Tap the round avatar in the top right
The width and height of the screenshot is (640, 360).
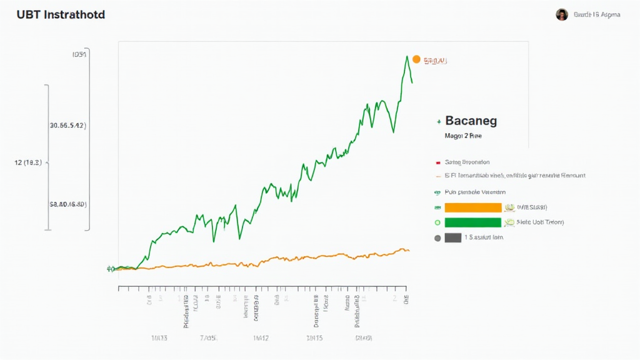(562, 14)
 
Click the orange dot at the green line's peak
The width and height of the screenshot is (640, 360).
(416, 60)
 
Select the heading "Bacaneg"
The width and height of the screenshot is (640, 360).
(471, 121)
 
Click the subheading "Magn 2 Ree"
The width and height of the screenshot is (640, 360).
(463, 135)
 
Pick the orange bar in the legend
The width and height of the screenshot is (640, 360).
(472, 207)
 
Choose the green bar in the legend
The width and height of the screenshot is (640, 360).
(472, 222)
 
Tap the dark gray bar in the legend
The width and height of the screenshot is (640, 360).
(452, 237)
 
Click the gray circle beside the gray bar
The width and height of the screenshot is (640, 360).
(437, 237)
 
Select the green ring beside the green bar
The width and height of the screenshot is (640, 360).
(437, 222)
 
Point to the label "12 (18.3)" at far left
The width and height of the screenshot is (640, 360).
(27, 162)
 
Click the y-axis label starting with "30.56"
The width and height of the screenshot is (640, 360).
(67, 125)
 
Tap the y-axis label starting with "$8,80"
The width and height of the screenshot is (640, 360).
(67, 204)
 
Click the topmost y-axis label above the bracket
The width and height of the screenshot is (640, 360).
(79, 54)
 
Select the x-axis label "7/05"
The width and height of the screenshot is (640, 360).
(208, 338)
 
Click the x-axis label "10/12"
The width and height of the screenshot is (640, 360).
(261, 338)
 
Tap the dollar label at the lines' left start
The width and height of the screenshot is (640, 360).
(110, 269)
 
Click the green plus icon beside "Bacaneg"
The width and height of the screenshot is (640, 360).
(439, 121)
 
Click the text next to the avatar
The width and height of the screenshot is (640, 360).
(597, 14)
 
